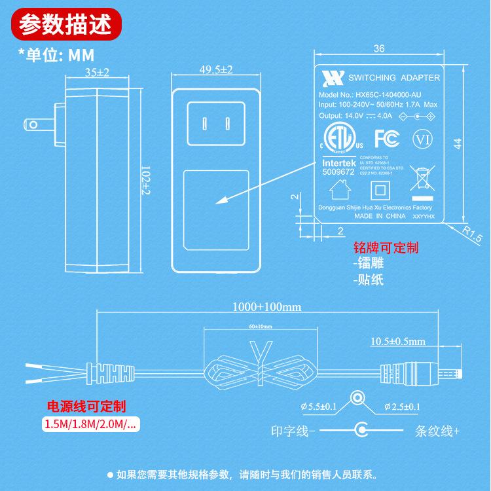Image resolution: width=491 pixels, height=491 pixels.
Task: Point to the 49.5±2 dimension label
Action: coord(217,69)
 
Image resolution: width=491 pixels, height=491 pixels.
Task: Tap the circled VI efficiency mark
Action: coord(421,139)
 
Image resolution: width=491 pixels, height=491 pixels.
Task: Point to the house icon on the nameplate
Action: coord(338,190)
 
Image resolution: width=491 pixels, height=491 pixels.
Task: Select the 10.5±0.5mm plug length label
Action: coord(397,341)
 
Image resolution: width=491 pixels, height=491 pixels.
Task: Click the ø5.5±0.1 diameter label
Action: coord(319,407)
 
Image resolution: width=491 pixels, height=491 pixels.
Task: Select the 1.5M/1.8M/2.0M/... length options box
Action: coord(91,424)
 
